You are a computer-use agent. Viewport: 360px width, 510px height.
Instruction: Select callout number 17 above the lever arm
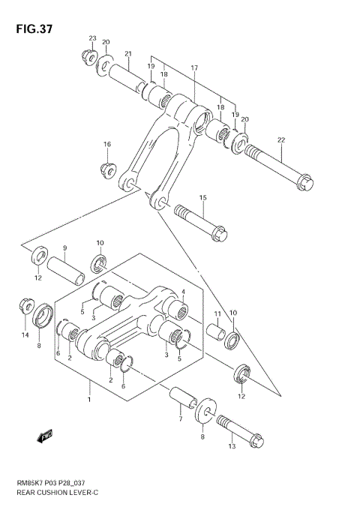(x=193, y=68)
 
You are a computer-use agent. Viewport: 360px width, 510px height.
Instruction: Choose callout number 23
(x=93, y=38)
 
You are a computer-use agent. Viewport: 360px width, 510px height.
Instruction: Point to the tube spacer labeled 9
(x=65, y=268)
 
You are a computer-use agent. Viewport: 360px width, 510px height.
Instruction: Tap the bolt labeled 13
(x=239, y=433)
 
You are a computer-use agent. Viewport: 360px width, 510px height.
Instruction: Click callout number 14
(x=24, y=334)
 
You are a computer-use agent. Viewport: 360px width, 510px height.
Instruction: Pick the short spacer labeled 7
(x=181, y=399)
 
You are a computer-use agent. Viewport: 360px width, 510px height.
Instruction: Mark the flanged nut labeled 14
(x=25, y=308)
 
